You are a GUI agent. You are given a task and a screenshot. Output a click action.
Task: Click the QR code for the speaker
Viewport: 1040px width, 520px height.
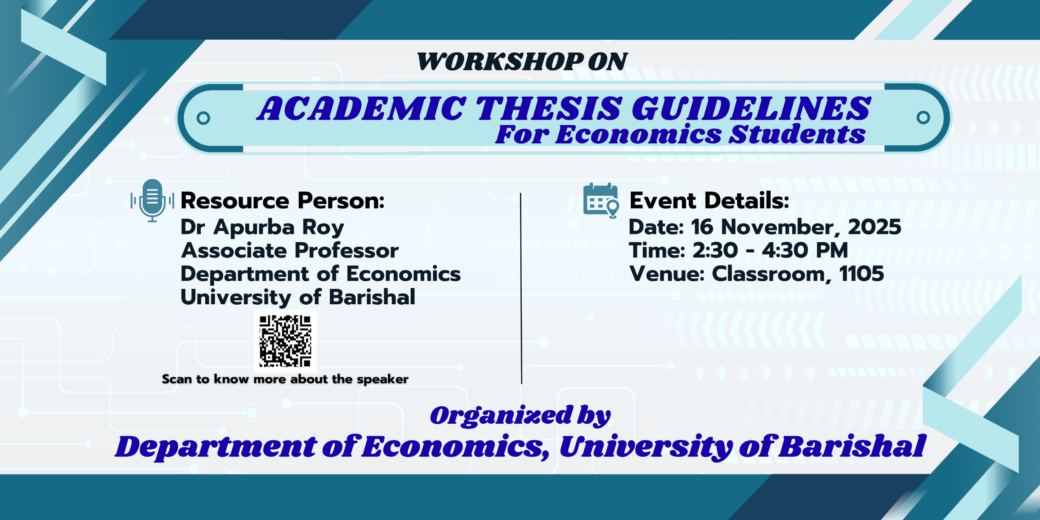click(285, 341)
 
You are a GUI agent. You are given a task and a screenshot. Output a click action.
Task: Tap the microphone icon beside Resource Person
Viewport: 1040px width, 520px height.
click(152, 200)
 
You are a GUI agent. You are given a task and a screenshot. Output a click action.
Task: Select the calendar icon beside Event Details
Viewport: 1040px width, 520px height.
click(601, 200)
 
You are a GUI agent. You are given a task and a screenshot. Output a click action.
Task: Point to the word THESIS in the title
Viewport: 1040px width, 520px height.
click(549, 108)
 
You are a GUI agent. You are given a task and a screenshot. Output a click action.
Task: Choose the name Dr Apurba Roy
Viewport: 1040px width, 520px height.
click(262, 227)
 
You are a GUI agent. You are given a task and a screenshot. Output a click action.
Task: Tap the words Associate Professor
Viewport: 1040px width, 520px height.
click(290, 250)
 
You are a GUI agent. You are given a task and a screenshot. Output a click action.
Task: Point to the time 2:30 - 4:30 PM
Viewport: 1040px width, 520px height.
click(770, 250)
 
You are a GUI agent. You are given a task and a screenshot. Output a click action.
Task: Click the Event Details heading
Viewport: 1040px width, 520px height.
click(709, 200)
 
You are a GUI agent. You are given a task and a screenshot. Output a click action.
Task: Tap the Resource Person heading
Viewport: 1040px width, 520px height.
click(282, 200)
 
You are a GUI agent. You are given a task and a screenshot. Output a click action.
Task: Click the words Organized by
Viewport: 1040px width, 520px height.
click(520, 415)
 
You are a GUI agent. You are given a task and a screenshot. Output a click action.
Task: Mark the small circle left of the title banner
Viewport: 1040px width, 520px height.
click(203, 118)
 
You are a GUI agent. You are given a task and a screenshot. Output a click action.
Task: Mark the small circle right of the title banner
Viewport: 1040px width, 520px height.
click(923, 118)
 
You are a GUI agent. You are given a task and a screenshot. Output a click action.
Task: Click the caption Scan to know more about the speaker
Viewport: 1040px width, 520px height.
click(285, 379)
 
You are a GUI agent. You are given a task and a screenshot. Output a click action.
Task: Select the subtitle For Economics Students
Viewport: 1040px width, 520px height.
click(680, 134)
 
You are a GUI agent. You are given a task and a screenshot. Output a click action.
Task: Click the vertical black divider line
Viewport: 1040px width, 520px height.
click(521, 288)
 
